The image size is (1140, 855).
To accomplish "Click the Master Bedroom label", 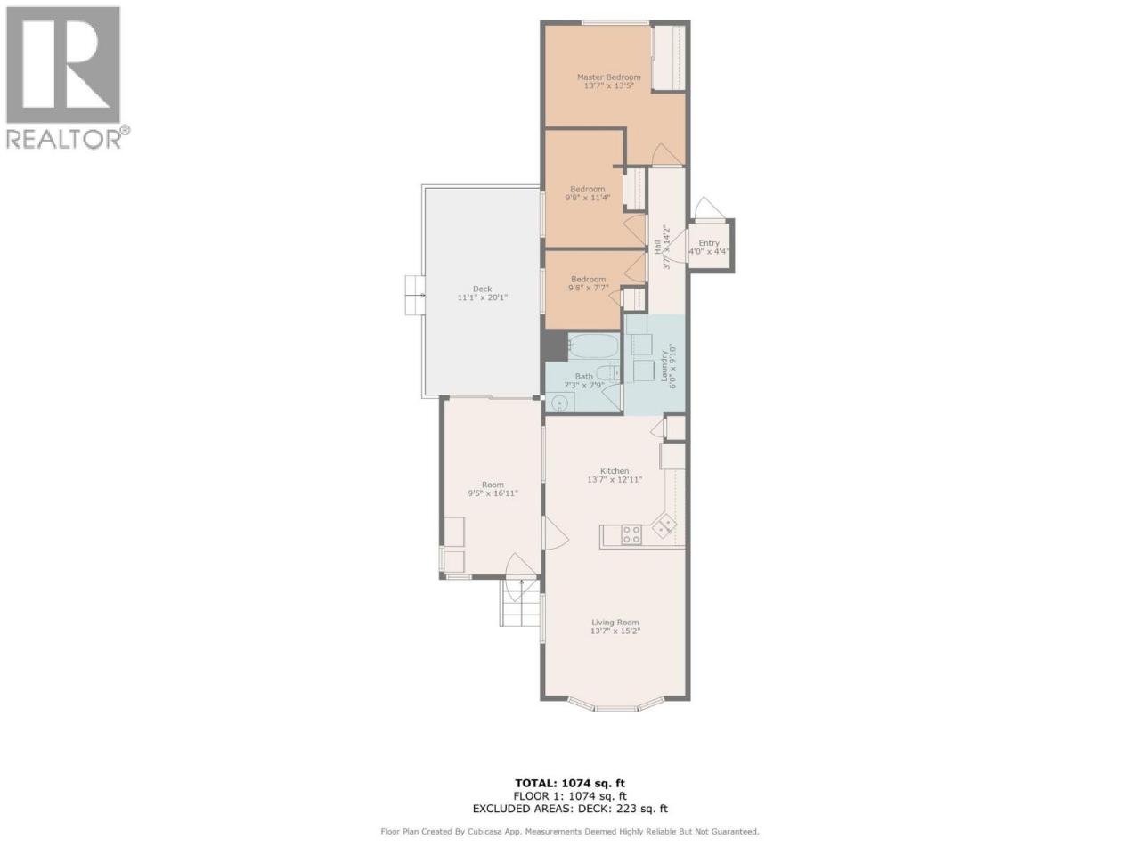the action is pyautogui.click(x=608, y=77).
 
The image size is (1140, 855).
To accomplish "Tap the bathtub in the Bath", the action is pyautogui.click(x=594, y=346).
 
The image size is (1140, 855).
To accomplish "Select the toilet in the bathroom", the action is pyautogui.click(x=607, y=371).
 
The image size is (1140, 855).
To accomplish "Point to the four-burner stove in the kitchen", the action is pyautogui.click(x=631, y=534).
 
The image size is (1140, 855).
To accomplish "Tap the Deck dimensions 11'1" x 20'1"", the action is pyautogui.click(x=482, y=297).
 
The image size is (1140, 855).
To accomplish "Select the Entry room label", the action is pyautogui.click(x=709, y=243).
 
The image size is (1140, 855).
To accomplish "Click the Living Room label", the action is pyautogui.click(x=615, y=622).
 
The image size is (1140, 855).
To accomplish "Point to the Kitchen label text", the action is pyautogui.click(x=615, y=471).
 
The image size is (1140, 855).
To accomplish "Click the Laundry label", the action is pyautogui.click(x=664, y=365).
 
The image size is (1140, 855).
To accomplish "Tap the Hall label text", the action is pyautogui.click(x=657, y=243).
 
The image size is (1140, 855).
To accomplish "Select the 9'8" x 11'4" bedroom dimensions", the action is pyautogui.click(x=588, y=198).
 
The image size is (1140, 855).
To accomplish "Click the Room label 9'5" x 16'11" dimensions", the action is pyautogui.click(x=493, y=493).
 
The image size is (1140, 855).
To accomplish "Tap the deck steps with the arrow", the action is pyautogui.click(x=416, y=295).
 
